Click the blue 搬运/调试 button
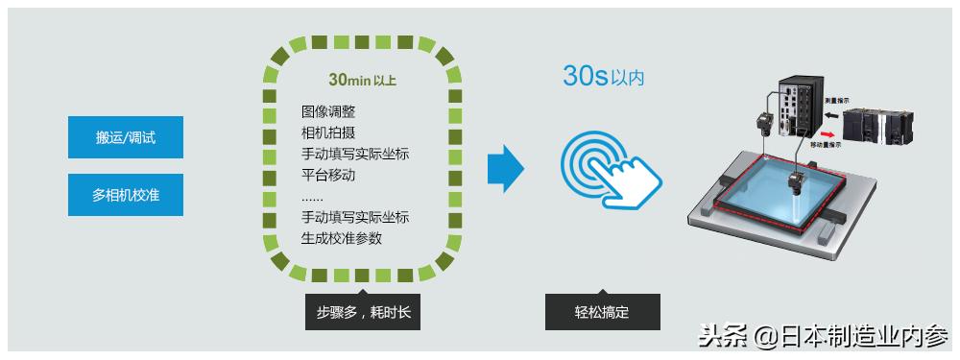(126, 137)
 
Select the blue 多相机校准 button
(126, 195)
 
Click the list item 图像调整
(328, 111)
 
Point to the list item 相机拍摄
(328, 132)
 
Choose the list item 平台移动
(328, 175)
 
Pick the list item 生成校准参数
(341, 238)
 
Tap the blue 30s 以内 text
(603, 78)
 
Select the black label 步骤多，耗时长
(362, 312)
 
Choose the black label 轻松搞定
(602, 312)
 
